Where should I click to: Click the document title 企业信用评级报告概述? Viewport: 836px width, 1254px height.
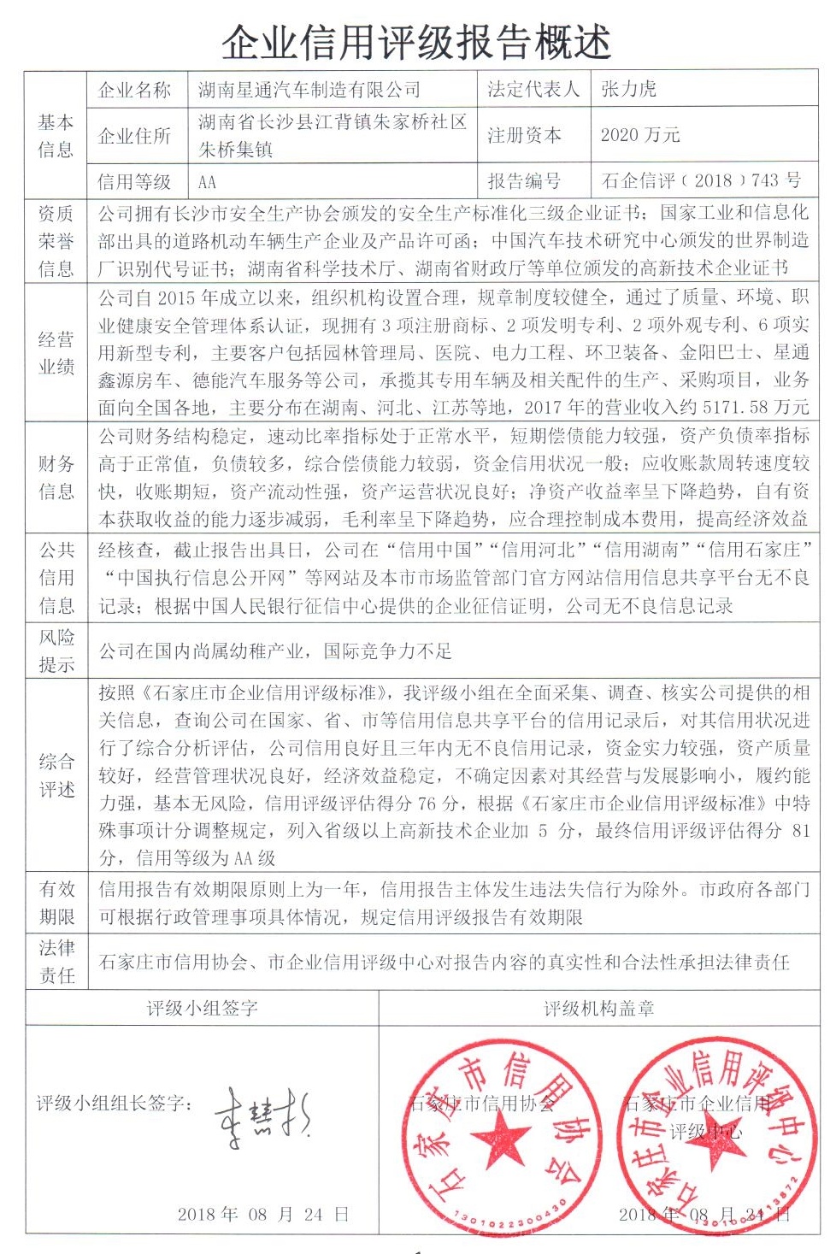point(416,41)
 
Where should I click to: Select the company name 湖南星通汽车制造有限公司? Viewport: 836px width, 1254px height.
point(309,89)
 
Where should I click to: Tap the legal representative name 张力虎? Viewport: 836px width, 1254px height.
point(629,89)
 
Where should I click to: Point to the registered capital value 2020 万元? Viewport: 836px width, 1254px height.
point(640,135)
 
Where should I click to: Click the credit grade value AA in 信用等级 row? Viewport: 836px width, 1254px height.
point(208,181)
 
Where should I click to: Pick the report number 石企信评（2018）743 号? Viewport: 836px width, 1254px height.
point(701,180)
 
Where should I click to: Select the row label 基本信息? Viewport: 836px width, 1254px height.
point(56,136)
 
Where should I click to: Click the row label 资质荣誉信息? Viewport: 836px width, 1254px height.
point(56,241)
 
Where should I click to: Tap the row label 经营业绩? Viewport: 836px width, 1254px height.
point(56,353)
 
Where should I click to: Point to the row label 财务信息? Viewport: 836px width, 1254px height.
point(56,478)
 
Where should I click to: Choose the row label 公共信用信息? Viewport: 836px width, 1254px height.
point(56,578)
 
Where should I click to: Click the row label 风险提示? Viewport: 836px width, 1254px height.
point(56,651)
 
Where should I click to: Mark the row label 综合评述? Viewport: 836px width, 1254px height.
point(56,775)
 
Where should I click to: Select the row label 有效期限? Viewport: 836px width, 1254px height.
point(56,903)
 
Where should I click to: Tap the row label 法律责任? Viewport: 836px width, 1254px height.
point(56,962)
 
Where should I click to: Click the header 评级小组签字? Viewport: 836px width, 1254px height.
point(203,1009)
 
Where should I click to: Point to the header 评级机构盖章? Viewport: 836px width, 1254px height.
point(599,1009)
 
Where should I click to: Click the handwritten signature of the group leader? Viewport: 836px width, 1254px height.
point(261,1115)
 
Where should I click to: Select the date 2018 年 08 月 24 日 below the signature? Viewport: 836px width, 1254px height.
point(263,1214)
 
